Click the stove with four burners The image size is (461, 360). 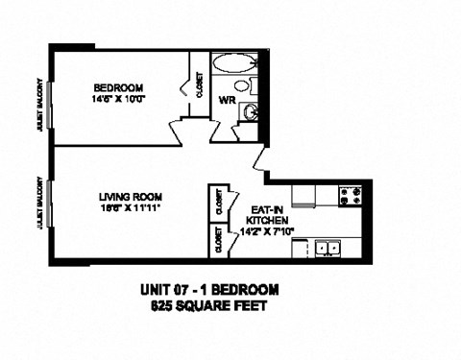[350, 197]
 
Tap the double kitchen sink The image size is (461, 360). [327, 248]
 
